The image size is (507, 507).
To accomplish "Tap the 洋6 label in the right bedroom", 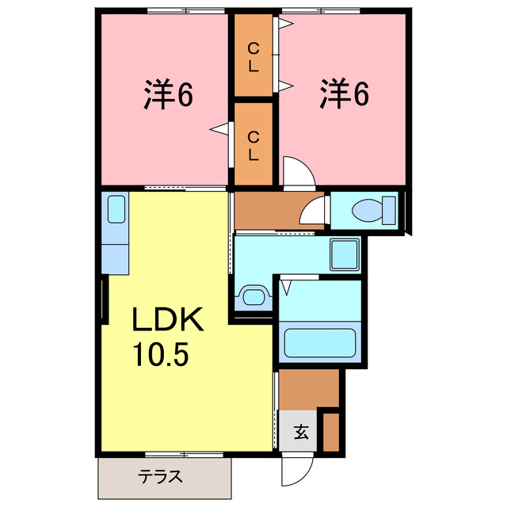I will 345,95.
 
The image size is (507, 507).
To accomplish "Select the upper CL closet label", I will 253,59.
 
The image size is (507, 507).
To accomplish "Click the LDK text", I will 168,322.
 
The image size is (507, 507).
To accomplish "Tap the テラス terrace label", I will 162,477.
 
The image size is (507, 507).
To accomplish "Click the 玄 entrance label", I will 302,433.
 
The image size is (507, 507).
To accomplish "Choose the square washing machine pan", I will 345,254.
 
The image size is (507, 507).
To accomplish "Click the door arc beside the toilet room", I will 316,212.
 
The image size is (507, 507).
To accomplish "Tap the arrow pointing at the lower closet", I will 219,128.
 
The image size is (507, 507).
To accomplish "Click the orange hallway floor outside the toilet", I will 269,211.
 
